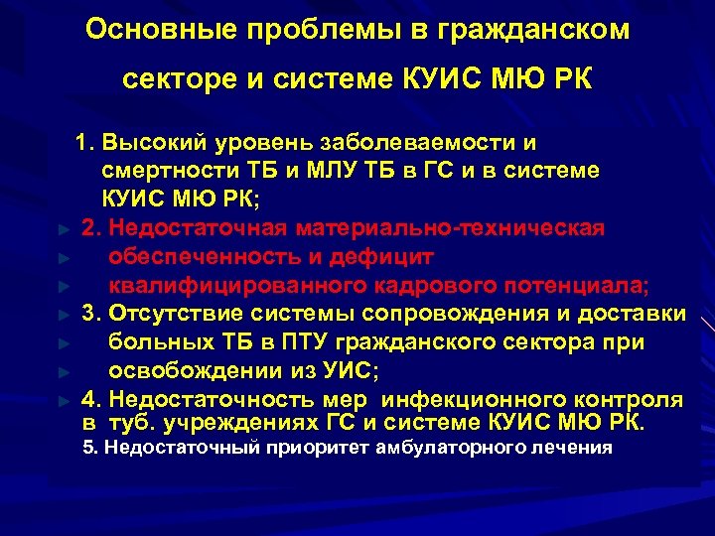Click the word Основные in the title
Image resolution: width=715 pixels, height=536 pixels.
(141, 30)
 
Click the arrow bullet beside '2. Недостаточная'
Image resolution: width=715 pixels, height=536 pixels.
(63, 229)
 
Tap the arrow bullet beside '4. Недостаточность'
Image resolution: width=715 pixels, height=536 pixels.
(63, 401)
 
